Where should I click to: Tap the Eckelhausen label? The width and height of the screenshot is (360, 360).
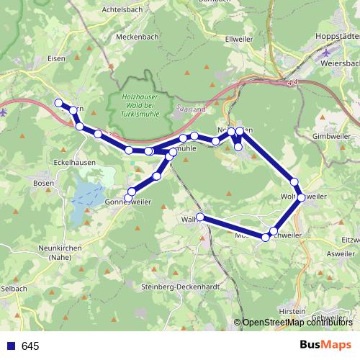[75, 163]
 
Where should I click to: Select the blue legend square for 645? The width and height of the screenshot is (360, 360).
[10, 346]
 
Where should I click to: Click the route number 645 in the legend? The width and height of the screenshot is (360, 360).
[30, 346]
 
